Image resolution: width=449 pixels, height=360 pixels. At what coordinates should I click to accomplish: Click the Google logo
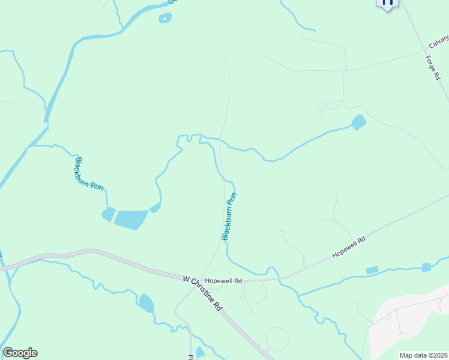(20, 353)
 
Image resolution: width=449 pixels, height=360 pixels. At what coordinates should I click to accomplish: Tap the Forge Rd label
(433, 68)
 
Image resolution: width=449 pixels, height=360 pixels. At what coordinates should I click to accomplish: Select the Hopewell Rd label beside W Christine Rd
(223, 281)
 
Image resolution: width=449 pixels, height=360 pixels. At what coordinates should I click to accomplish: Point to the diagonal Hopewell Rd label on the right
(349, 247)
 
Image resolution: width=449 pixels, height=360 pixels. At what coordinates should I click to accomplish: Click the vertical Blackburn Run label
(229, 216)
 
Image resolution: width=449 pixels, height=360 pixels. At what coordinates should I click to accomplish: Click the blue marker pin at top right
(387, 4)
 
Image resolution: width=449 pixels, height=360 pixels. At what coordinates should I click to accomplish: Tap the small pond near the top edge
(165, 18)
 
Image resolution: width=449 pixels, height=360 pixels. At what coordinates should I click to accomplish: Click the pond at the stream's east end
(358, 122)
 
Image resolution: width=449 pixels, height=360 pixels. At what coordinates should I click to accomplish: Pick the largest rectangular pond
(131, 220)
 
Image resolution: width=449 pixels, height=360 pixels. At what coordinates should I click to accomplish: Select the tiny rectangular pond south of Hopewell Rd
(372, 270)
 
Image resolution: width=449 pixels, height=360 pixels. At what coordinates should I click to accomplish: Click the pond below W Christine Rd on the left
(146, 304)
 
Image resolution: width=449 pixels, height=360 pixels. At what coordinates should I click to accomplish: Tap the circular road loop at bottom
(277, 338)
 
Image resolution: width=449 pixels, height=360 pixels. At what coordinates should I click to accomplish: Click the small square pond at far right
(426, 267)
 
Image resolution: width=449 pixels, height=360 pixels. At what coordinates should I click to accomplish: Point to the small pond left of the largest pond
(109, 214)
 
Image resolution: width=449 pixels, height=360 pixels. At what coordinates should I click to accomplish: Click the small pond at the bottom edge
(200, 352)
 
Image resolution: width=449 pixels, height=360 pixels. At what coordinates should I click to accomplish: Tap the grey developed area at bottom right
(408, 324)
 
